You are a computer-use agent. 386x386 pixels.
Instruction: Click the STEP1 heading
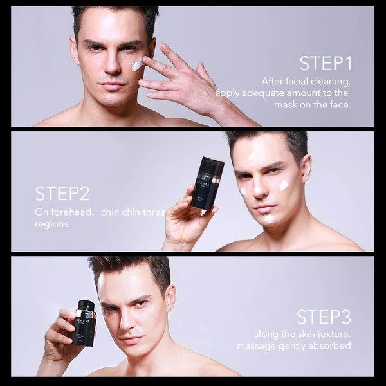[326, 64]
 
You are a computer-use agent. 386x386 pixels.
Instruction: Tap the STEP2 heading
[62, 194]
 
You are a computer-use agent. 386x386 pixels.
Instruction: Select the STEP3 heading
[324, 317]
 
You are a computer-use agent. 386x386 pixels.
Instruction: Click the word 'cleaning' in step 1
[331, 82]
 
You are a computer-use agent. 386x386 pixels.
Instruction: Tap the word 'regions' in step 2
[52, 224]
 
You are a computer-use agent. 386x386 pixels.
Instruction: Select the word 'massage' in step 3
[256, 346]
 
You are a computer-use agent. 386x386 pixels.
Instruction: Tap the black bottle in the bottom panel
[84, 323]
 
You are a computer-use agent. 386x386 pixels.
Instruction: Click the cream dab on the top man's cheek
[137, 65]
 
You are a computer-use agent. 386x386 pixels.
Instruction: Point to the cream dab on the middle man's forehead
[253, 156]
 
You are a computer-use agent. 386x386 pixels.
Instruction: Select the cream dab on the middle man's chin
[268, 218]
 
